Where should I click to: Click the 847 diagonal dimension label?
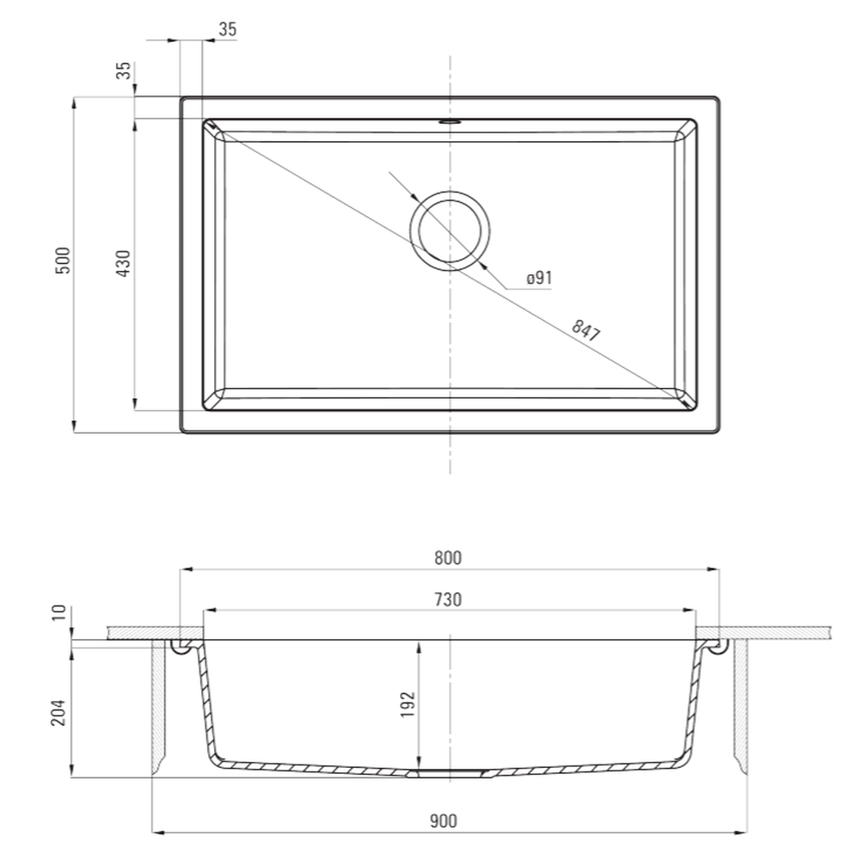(587, 330)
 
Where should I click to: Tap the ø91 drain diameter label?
(539, 278)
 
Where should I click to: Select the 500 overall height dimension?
(64, 261)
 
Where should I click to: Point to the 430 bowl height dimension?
(124, 263)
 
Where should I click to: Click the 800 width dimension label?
(448, 558)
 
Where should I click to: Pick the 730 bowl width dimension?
(448, 599)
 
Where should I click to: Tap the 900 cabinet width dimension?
(443, 821)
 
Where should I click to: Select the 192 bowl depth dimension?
(408, 705)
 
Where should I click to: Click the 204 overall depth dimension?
(58, 712)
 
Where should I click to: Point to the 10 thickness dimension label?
(58, 612)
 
